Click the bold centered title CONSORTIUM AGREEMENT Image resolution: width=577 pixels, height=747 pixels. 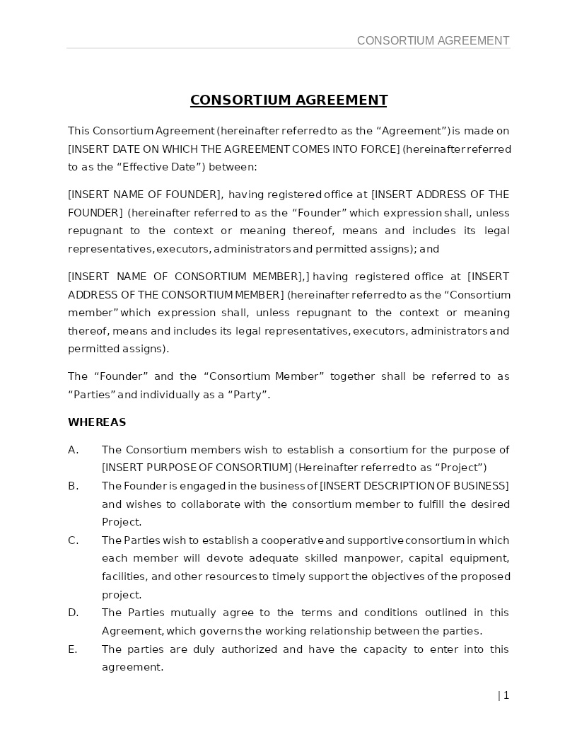(x=288, y=100)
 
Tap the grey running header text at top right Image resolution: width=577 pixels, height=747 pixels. (x=433, y=40)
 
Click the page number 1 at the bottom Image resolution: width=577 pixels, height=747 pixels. (x=506, y=695)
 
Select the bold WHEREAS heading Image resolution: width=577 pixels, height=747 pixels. (x=97, y=422)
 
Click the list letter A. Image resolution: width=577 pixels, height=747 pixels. (x=73, y=450)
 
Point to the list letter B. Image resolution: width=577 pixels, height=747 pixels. (x=73, y=486)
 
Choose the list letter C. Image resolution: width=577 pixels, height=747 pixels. (x=73, y=540)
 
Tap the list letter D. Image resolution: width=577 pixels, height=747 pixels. (x=73, y=613)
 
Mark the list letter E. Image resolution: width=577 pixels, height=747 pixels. (x=73, y=649)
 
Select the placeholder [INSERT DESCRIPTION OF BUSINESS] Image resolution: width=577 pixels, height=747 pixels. (x=414, y=486)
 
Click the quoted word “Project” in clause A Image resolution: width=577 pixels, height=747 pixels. (x=461, y=468)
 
